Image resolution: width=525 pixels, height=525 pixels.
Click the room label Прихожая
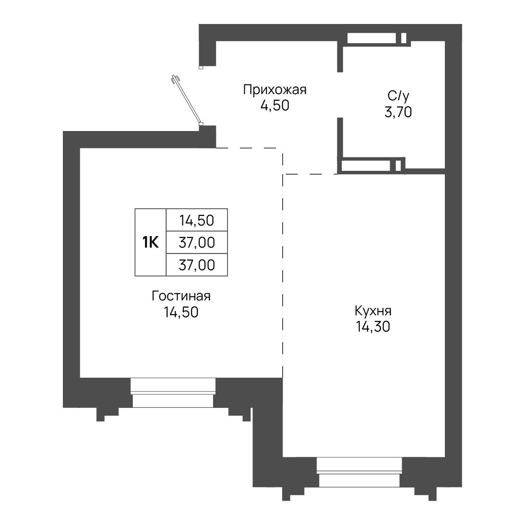coord(274,90)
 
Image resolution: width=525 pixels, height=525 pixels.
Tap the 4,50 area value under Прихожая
coord(275,106)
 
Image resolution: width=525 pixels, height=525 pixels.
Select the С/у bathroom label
coord(398,96)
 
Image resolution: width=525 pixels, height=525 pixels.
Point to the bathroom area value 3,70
coord(398,112)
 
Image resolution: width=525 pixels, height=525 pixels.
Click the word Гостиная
coord(181,296)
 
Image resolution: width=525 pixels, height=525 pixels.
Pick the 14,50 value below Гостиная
coord(181,312)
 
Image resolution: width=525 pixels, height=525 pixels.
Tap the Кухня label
coord(373,311)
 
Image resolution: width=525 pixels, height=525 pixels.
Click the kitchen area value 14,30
coord(373,327)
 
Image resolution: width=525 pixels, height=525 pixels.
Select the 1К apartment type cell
coord(151,242)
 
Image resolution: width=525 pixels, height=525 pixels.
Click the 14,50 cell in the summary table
coord(197,220)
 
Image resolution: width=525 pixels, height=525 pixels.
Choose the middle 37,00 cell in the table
coord(197,242)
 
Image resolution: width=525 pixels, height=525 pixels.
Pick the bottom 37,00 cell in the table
coord(197,265)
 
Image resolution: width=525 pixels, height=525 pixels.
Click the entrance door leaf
coord(187,100)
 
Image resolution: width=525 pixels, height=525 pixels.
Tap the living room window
coord(173,393)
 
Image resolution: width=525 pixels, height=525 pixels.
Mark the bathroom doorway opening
coord(340,95)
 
